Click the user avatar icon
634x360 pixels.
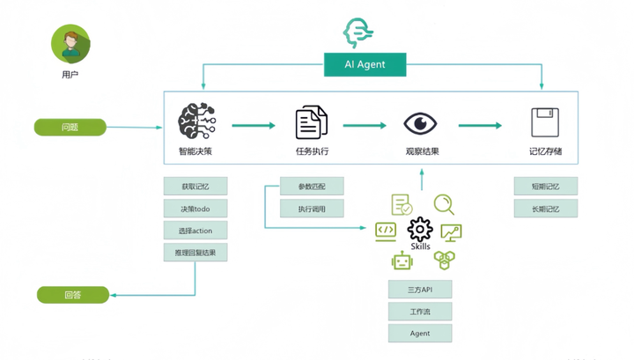(70, 43)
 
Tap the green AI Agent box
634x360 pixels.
(365, 64)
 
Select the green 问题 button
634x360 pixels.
(70, 128)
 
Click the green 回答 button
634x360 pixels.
(73, 295)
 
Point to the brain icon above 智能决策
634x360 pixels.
(195, 122)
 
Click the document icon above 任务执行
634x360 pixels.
(312, 122)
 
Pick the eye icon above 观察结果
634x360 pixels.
(422, 123)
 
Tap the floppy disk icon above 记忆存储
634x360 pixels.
(545, 123)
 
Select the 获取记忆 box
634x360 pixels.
(195, 187)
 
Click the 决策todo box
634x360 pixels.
(195, 209)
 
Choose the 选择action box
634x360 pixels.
(195, 231)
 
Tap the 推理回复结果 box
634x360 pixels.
(195, 253)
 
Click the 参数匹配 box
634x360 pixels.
(312, 187)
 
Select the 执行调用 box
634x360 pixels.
(312, 209)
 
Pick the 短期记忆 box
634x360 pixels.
(546, 187)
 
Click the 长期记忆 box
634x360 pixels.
(546, 209)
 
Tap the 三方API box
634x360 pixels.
(420, 290)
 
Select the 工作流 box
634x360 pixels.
(420, 312)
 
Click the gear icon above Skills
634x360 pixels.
(420, 230)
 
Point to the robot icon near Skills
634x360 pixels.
(402, 261)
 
